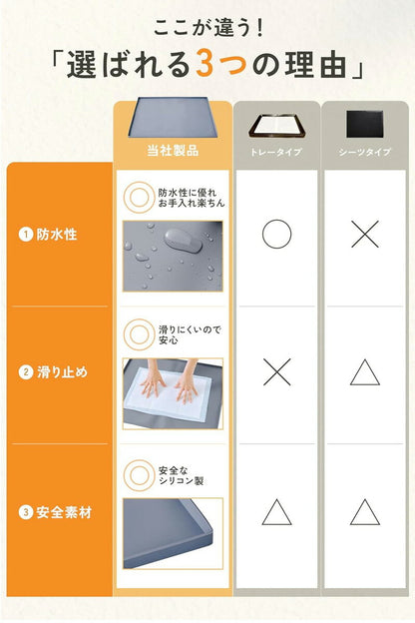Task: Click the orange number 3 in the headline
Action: click(207, 63)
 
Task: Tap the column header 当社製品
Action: click(173, 151)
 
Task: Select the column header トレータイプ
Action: click(276, 152)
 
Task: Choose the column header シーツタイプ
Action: click(364, 152)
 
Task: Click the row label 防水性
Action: click(57, 234)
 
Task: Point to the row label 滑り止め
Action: click(62, 371)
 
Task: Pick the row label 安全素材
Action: click(64, 512)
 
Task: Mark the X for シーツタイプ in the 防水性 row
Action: click(365, 234)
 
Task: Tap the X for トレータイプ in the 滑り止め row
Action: click(276, 371)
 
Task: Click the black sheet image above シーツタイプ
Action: click(364, 124)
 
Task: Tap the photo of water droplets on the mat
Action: click(173, 257)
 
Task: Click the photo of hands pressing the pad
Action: click(173, 393)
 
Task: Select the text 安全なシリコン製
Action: click(181, 475)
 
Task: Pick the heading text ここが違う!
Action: click(208, 29)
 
